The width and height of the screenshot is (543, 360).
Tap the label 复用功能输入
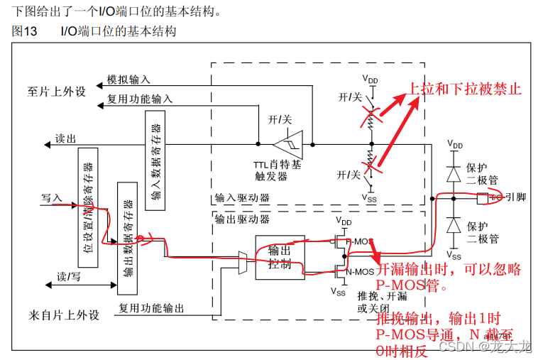click(140, 99)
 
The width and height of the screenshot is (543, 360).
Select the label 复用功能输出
click(151, 308)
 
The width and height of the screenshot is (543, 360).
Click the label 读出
click(65, 139)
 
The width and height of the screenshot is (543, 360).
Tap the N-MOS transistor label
click(359, 271)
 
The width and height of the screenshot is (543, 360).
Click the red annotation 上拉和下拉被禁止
click(466, 89)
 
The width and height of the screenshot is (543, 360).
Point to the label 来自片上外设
click(65, 315)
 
